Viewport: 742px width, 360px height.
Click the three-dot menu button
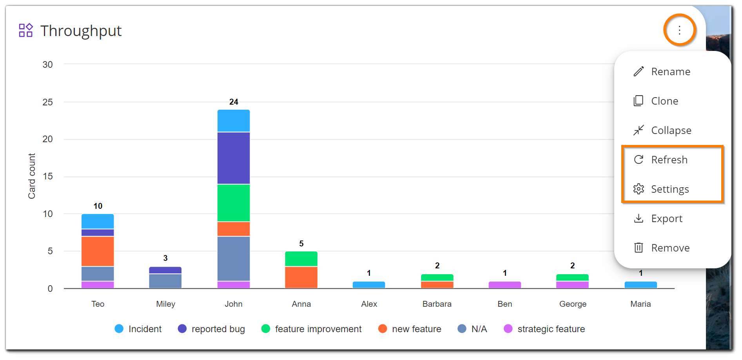pyautogui.click(x=679, y=30)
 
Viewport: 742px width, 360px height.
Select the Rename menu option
pyautogui.click(x=670, y=72)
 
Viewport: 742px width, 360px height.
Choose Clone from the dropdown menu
pyautogui.click(x=664, y=101)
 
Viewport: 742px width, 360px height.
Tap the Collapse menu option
pyautogui.click(x=671, y=130)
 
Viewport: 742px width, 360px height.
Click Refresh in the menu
pyautogui.click(x=669, y=160)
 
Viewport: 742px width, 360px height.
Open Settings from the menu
pyautogui.click(x=669, y=189)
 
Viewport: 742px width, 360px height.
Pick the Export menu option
pyautogui.click(x=666, y=219)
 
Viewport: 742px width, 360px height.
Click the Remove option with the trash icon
pyautogui.click(x=670, y=248)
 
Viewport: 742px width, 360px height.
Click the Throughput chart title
pyautogui.click(x=81, y=31)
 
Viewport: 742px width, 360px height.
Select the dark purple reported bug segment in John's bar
pyautogui.click(x=234, y=158)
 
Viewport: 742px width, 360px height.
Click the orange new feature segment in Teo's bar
pyautogui.click(x=98, y=251)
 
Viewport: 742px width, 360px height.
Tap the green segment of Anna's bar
pyautogui.click(x=301, y=259)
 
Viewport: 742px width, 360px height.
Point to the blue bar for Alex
pyautogui.click(x=369, y=285)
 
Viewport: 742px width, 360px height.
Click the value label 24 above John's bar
pyautogui.click(x=234, y=102)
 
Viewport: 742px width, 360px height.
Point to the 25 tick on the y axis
pyautogui.click(x=48, y=102)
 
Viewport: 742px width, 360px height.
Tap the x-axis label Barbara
pyautogui.click(x=437, y=304)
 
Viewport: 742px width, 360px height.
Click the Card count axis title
pyautogui.click(x=32, y=176)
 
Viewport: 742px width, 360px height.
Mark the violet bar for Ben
pyautogui.click(x=504, y=285)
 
